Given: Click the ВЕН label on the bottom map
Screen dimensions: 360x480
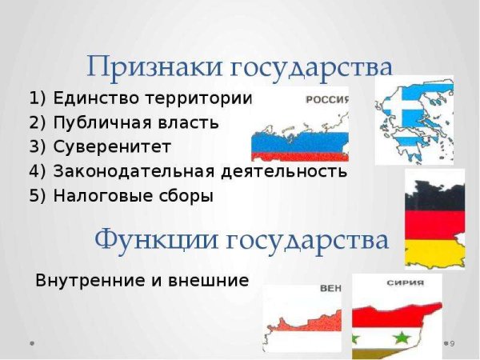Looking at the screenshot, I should tap(330, 290).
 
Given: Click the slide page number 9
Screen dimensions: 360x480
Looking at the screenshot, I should tap(452, 343).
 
